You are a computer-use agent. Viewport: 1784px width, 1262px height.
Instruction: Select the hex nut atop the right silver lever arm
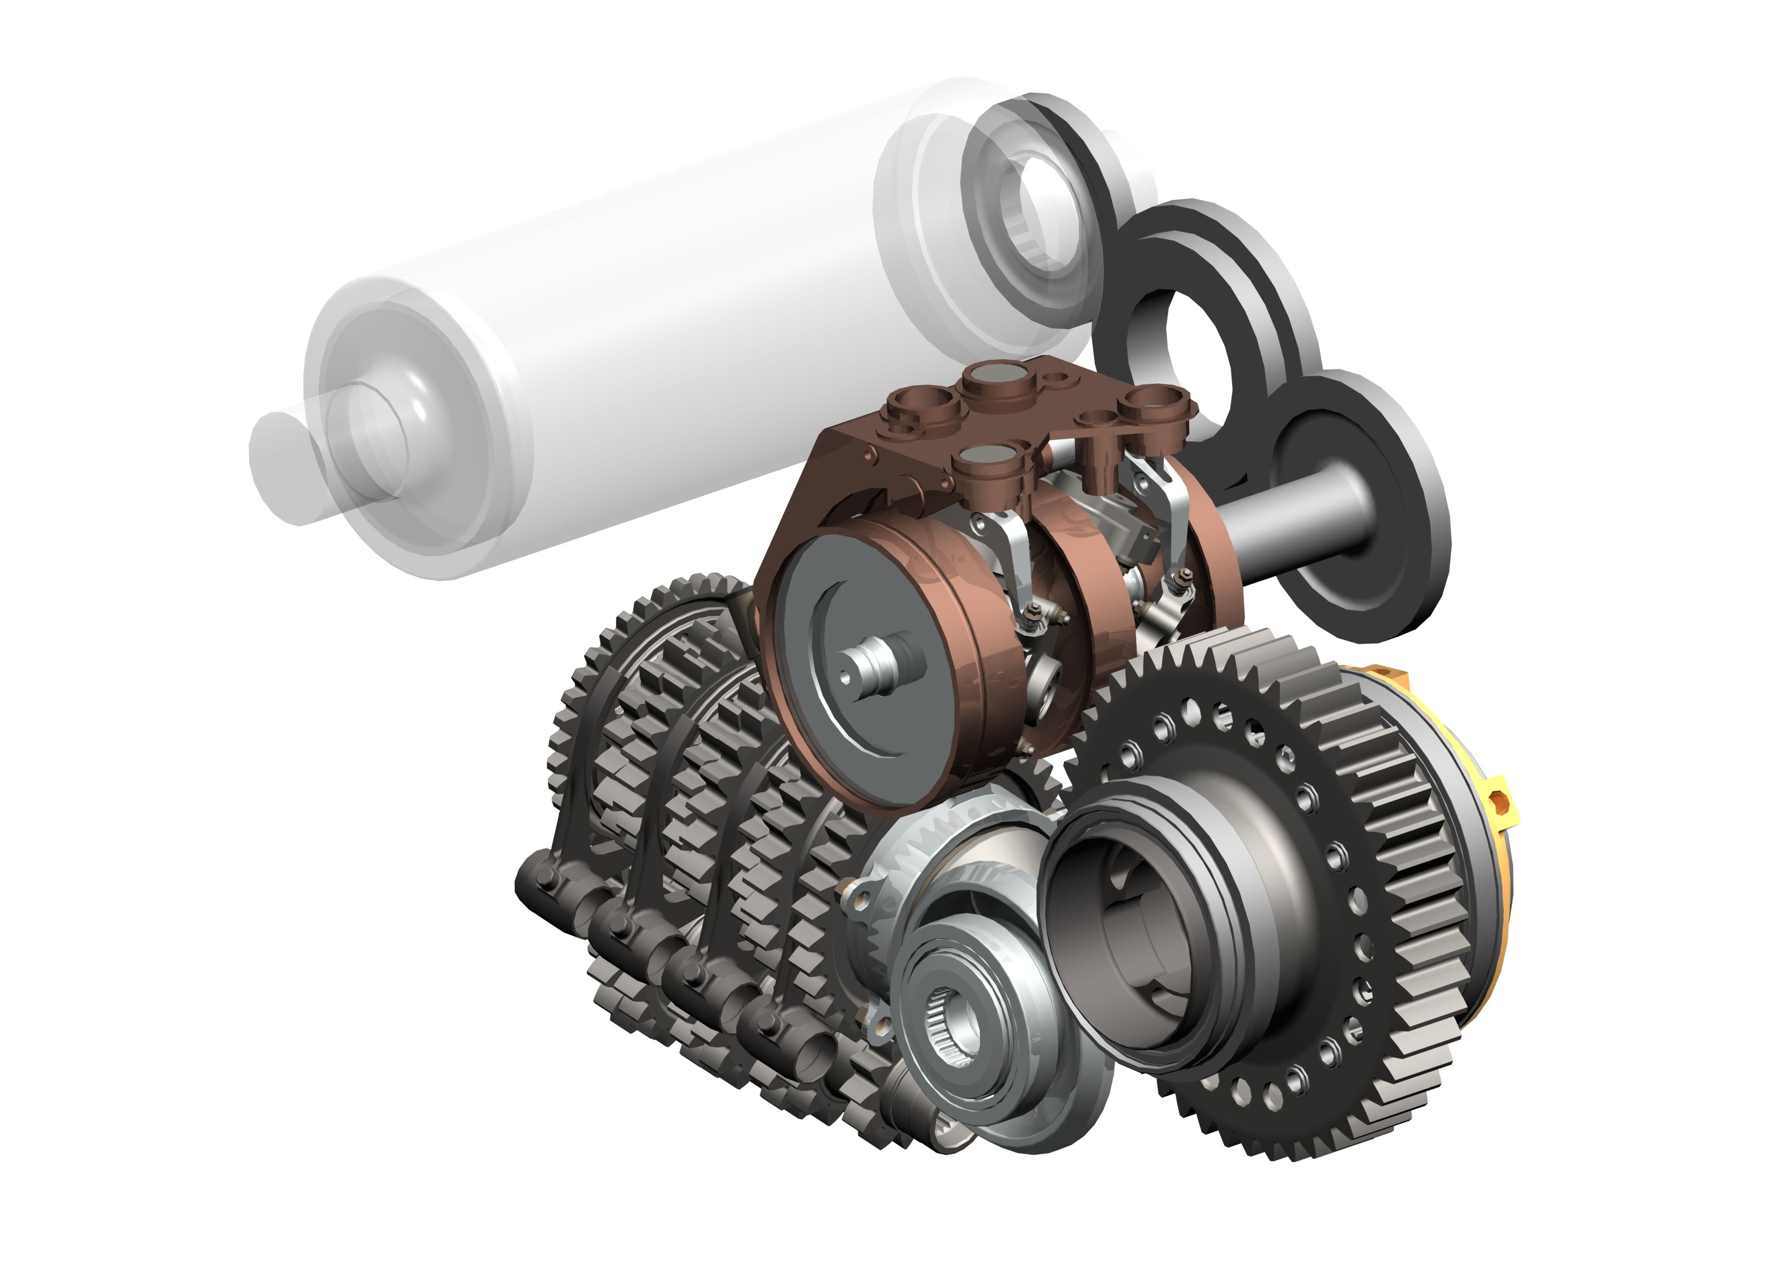coord(1185,575)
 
